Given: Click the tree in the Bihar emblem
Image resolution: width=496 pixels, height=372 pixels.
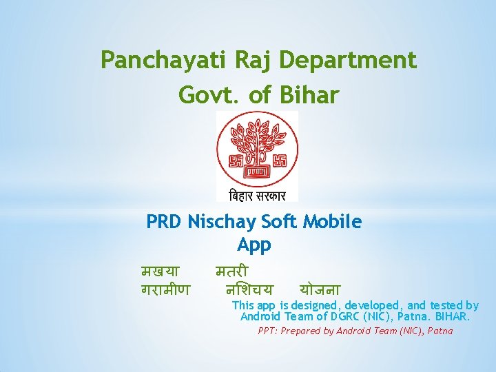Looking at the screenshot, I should point(257,141).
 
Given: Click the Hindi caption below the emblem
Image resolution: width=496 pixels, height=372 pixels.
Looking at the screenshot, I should point(257,194).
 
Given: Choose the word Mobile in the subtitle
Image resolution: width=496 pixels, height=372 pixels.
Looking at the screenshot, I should point(332,222).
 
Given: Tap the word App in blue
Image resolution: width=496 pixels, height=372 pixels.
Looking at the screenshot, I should point(254,245).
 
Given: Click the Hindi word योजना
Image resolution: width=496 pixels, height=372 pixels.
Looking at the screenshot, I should point(320,289).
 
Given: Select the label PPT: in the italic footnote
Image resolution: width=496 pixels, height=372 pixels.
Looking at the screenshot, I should point(270,331).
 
